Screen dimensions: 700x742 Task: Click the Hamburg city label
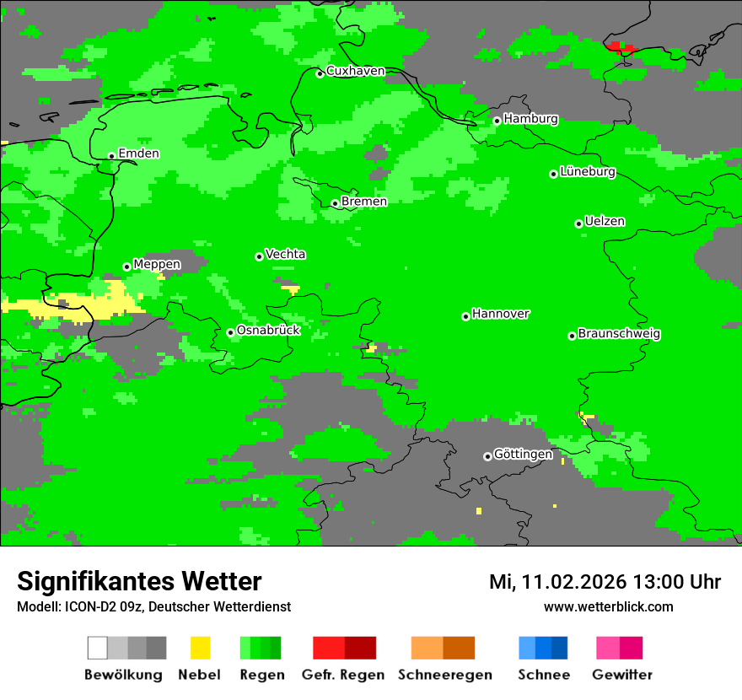click(x=530, y=119)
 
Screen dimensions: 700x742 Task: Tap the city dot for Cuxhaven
click(x=320, y=73)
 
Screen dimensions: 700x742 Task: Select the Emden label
click(x=138, y=153)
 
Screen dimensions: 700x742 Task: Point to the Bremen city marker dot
click(x=335, y=203)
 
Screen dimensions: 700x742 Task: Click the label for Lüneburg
click(x=588, y=171)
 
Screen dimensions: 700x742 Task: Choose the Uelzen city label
click(x=605, y=221)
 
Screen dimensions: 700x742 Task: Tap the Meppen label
click(x=157, y=264)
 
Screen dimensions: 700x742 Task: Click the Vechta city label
click(x=285, y=254)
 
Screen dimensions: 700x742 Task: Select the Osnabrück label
click(x=268, y=330)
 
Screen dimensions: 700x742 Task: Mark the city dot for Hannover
click(x=465, y=316)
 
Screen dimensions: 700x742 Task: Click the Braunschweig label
click(x=619, y=333)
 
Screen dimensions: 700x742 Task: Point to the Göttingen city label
click(x=523, y=454)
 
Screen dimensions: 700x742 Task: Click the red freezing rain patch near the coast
click(x=621, y=47)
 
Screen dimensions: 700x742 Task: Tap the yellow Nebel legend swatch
click(x=200, y=648)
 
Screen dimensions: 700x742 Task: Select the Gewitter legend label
click(x=621, y=675)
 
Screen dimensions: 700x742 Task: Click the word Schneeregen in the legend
click(x=445, y=675)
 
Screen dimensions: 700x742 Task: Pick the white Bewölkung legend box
click(x=98, y=648)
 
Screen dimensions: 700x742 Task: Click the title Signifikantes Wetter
click(x=139, y=581)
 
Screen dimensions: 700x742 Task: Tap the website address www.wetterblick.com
click(x=608, y=606)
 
